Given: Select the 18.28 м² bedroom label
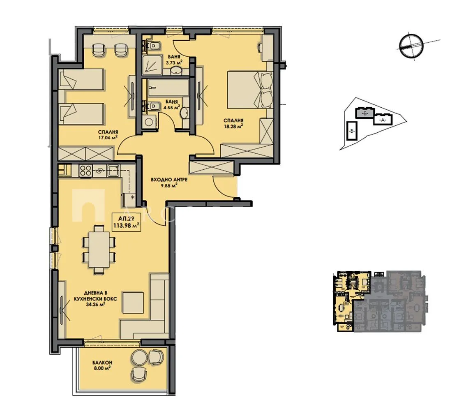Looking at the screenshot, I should coord(233,124).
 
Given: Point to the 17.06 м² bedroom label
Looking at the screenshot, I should coord(108,135).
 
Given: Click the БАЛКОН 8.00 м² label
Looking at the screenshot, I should coord(99,365).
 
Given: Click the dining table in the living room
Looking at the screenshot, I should coord(99,249).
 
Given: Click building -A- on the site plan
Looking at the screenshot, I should coord(383,120).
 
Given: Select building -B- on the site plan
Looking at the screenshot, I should coord(352,131).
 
